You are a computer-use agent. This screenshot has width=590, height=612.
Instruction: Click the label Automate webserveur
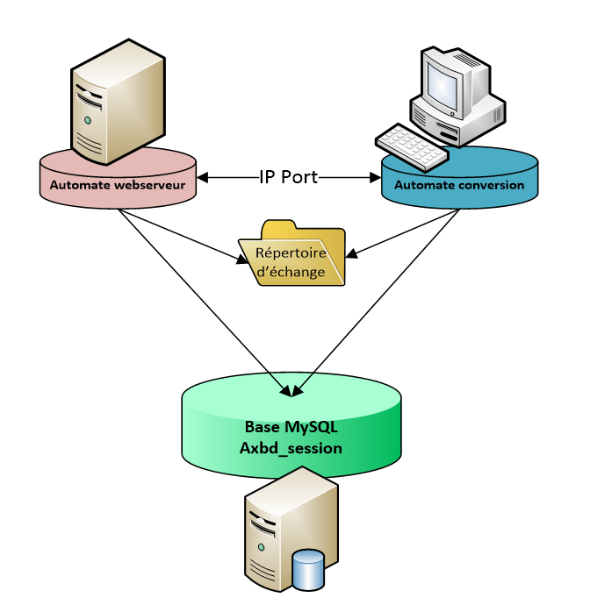(118, 185)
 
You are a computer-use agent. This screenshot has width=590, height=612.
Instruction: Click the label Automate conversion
(459, 185)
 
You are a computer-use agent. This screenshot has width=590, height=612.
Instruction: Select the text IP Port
(289, 177)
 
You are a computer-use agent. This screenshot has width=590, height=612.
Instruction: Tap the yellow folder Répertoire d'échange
(292, 253)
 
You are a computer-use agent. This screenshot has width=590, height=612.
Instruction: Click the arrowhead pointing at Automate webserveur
(202, 178)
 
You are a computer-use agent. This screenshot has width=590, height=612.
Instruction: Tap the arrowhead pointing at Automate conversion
(375, 178)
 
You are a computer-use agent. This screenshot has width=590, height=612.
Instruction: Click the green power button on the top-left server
(88, 118)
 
